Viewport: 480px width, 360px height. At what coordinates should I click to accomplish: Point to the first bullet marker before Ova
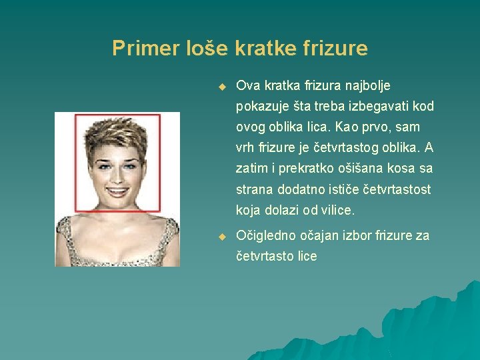[223, 87]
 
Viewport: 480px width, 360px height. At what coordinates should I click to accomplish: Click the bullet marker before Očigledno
[223, 236]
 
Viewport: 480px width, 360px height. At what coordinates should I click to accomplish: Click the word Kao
[367, 127]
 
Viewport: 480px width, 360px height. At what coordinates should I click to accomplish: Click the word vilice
[338, 210]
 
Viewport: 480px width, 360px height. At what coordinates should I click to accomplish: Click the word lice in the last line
[306, 257]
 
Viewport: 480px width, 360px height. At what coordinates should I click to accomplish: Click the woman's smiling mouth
[117, 191]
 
